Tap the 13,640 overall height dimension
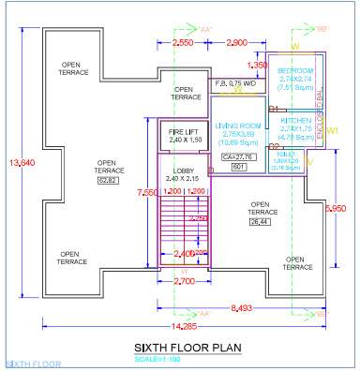tap(17, 163)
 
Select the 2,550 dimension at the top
tap(184, 43)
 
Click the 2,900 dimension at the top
tap(237, 43)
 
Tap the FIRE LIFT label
tap(184, 133)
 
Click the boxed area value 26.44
tap(259, 223)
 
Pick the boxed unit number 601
tap(238, 167)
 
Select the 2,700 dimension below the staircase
tap(184, 280)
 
